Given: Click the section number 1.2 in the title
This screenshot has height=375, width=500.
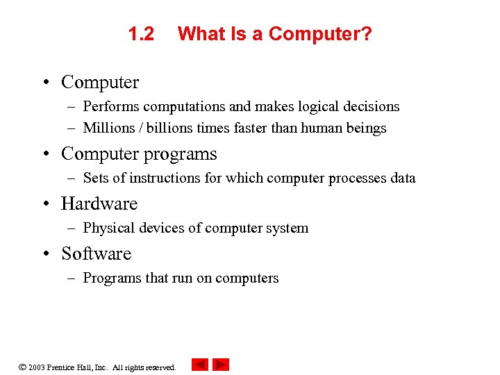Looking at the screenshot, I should point(142,34).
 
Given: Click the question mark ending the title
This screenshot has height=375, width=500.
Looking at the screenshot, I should point(366,34).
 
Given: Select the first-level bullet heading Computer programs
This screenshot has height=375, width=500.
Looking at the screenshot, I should point(139,153).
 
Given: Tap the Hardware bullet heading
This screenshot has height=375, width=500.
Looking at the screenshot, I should point(99,203).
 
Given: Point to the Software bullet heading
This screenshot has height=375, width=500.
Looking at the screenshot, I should point(96,253).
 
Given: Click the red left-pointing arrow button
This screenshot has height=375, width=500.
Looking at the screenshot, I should point(200,365).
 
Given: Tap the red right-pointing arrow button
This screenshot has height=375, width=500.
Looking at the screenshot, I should point(221,365).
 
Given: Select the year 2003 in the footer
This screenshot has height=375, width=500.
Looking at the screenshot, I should point(36,367).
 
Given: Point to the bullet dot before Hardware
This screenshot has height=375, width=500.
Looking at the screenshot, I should point(44,204).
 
